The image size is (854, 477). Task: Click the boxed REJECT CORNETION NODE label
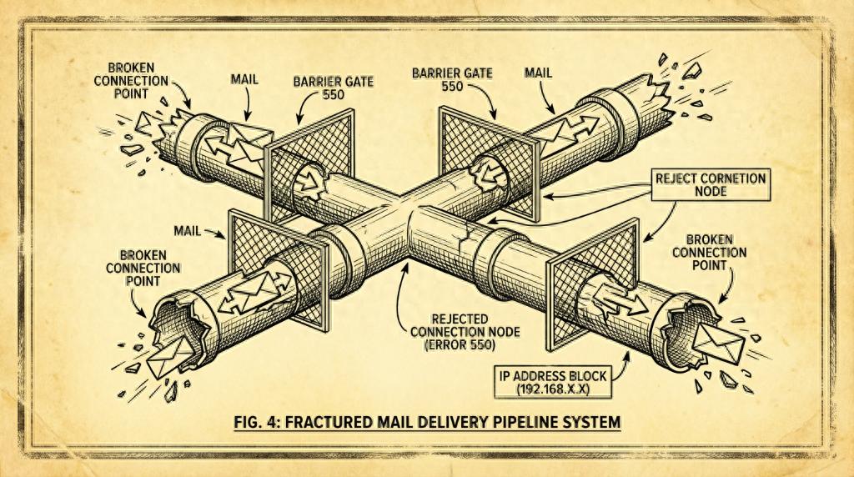pos(711,184)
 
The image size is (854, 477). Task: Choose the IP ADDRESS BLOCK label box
pos(553,382)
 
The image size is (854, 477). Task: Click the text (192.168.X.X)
pos(553,389)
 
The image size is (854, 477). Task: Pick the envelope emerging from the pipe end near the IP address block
pos(717,341)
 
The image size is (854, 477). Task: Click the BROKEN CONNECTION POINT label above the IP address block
pos(709,253)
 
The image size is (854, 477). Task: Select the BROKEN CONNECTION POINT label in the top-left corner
pos(131,81)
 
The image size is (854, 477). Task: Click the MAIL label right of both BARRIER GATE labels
pos(538,73)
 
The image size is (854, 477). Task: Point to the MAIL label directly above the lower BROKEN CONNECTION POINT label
pos(188,231)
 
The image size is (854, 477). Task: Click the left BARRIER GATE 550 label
pos(334,88)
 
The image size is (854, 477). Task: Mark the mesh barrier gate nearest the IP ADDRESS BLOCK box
pos(593,284)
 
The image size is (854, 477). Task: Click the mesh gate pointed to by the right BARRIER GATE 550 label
pos(489,163)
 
